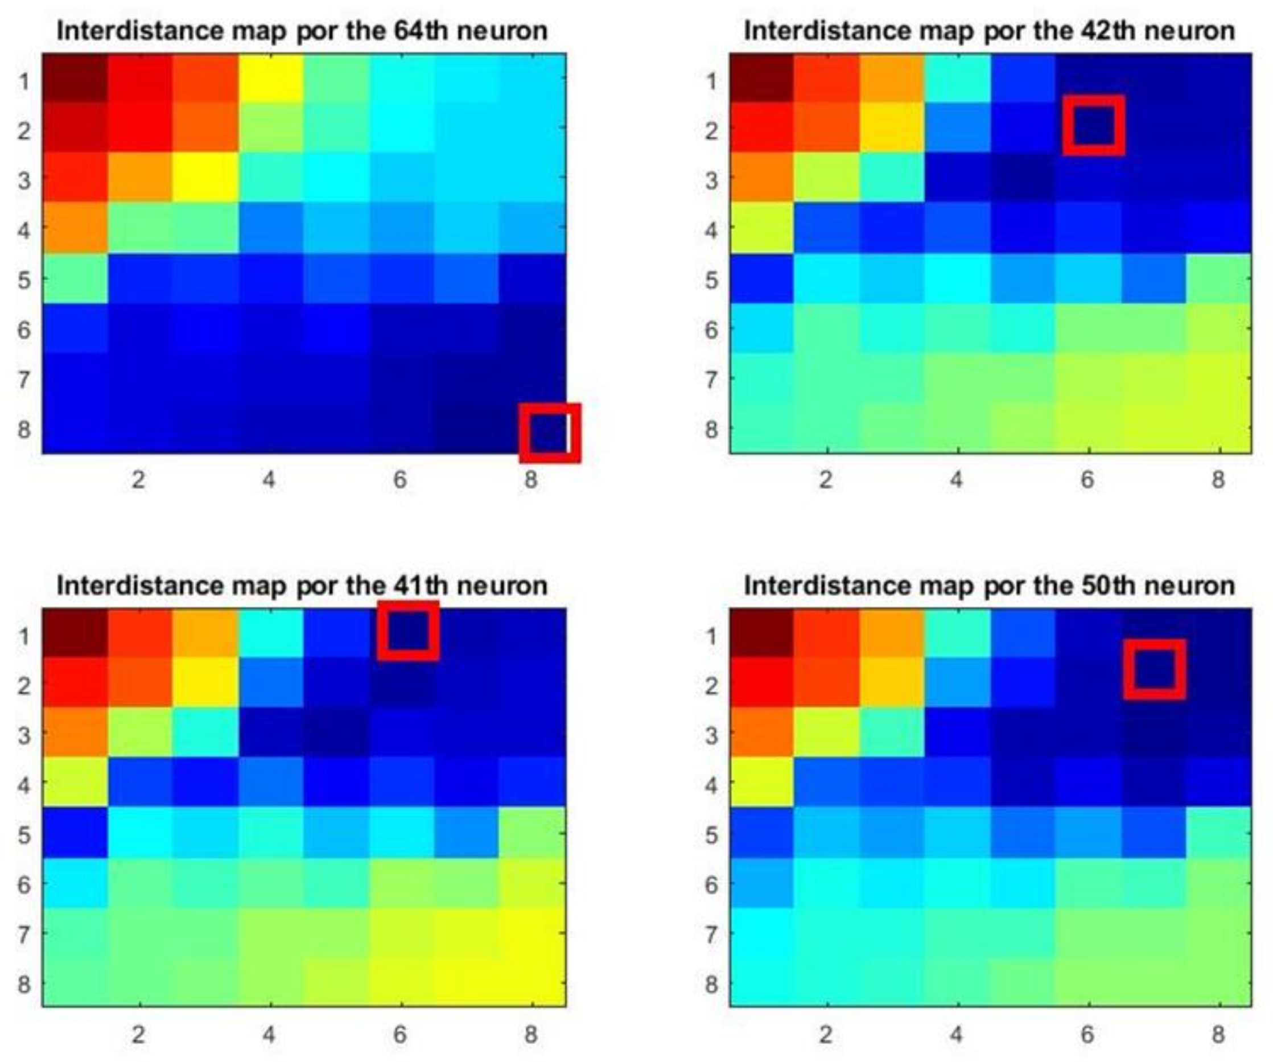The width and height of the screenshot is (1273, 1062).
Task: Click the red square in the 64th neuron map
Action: pos(550,433)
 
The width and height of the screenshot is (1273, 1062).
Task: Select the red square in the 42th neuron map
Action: pos(1094,125)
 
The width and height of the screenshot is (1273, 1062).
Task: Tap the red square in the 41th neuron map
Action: pos(408,631)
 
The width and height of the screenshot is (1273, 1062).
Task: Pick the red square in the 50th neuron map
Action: pos(1154,669)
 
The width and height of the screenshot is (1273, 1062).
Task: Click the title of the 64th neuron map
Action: pos(302,30)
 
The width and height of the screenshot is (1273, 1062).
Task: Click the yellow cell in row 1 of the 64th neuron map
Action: pos(270,79)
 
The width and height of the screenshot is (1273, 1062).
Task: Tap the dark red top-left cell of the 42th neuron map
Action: pos(761,77)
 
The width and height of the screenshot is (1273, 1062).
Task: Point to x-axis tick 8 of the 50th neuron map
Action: pos(1218,1034)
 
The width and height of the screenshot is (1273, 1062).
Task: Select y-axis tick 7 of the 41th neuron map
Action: pos(23,935)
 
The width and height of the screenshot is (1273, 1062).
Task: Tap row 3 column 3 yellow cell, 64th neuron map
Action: pos(205,177)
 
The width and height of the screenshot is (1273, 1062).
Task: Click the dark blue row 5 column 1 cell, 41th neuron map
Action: pos(75,833)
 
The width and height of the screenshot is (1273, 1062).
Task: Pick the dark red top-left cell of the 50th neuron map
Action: pos(761,633)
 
